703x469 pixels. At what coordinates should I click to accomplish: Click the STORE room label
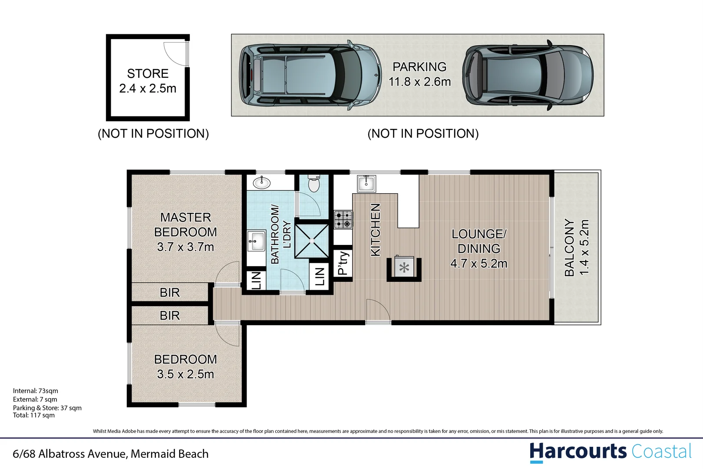click(x=148, y=74)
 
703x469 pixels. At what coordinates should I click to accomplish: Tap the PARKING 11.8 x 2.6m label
click(x=419, y=74)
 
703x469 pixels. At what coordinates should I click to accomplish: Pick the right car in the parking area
click(x=528, y=76)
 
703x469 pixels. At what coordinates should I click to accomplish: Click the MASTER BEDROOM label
click(x=185, y=225)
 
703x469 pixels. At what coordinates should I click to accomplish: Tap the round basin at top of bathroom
click(x=262, y=183)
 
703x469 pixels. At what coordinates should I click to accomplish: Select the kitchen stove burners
click(x=343, y=219)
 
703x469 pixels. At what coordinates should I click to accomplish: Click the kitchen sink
click(x=366, y=183)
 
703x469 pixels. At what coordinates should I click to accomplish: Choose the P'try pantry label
click(x=343, y=263)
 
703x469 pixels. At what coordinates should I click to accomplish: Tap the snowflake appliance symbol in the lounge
click(x=404, y=268)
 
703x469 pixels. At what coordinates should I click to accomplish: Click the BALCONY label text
click(x=569, y=248)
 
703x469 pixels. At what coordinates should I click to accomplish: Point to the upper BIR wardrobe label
click(x=170, y=293)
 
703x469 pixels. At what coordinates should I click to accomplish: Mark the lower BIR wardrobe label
click(x=170, y=316)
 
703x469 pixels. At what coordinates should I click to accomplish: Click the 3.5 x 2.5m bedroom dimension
click(x=185, y=374)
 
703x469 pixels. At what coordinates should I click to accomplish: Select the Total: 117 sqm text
click(x=34, y=415)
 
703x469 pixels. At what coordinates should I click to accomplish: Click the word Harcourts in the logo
click(x=578, y=452)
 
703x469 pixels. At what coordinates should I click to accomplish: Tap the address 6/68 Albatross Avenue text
click(x=111, y=454)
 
